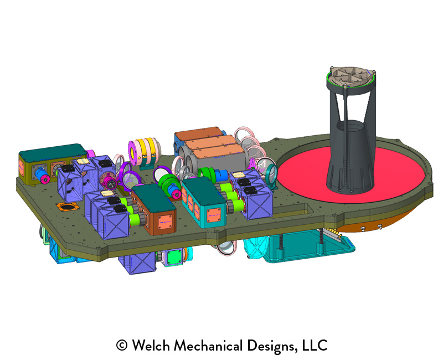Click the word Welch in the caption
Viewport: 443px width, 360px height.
point(151,345)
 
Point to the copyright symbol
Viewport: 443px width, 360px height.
point(122,345)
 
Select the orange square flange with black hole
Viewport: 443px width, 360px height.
point(68,207)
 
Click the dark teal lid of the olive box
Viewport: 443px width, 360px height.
point(53,150)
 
